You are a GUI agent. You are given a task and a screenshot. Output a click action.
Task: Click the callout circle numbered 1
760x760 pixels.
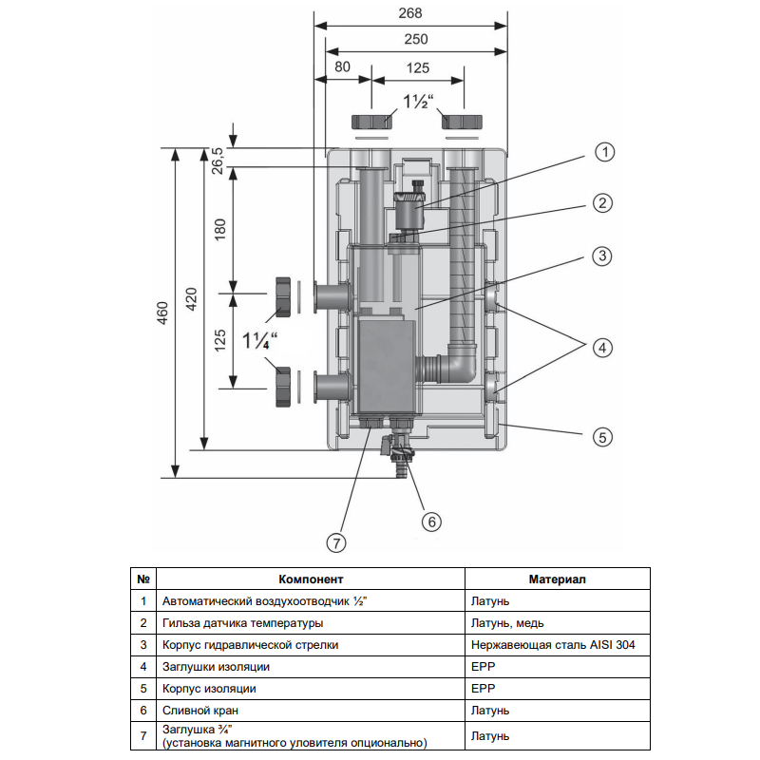tap(605, 152)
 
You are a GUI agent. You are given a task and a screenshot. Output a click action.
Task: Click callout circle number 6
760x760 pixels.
tap(431, 521)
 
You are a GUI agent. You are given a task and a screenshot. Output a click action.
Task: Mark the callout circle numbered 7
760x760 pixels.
tap(335, 542)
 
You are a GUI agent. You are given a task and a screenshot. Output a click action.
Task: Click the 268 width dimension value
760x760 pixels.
tap(410, 14)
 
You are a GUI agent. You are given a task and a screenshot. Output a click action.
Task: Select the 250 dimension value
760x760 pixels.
tap(415, 39)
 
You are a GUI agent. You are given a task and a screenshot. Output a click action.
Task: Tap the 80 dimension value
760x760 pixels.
tap(343, 67)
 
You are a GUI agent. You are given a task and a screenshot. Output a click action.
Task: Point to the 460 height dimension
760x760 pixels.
tap(162, 313)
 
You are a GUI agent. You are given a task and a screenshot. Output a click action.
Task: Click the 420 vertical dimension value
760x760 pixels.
tap(192, 300)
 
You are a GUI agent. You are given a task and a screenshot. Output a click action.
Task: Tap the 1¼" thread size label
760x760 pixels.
tap(257, 340)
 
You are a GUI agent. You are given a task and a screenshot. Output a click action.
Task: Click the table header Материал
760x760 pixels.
tap(558, 579)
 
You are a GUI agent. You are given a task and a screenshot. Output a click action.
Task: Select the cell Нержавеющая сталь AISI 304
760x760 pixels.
tap(553, 645)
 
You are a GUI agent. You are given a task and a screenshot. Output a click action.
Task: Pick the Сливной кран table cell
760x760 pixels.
tap(201, 710)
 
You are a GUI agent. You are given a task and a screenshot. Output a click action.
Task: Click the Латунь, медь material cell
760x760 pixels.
tap(508, 623)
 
